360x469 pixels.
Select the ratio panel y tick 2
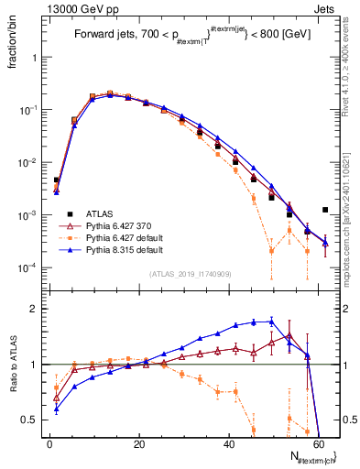[37, 309]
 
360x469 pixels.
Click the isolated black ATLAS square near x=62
[325, 210]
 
